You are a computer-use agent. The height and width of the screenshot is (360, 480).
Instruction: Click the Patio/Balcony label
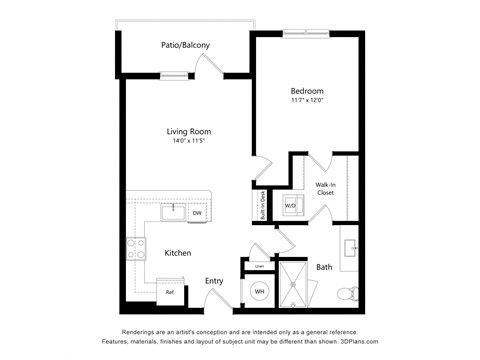[185, 45]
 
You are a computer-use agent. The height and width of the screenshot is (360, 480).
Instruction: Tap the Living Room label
[188, 131]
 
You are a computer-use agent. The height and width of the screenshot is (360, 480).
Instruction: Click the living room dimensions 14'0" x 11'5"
[188, 142]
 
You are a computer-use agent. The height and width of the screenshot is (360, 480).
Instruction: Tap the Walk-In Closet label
[326, 188]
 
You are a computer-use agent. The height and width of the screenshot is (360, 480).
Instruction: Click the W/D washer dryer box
[291, 206]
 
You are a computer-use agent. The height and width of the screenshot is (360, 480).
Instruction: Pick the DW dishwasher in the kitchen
[197, 213]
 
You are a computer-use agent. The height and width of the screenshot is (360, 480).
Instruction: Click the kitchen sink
[172, 212]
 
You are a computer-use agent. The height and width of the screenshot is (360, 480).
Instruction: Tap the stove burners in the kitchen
[135, 249]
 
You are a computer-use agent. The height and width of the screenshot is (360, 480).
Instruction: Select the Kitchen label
[178, 253]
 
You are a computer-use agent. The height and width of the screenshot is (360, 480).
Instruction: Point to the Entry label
[214, 281]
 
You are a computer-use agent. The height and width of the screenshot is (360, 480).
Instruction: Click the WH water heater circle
[259, 291]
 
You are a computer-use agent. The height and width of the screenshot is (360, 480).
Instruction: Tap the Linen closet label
[259, 266]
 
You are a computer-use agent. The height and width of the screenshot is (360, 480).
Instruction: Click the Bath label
[324, 267]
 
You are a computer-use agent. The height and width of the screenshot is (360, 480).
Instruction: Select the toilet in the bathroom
[347, 293]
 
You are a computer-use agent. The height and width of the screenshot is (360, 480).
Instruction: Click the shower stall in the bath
[296, 283]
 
